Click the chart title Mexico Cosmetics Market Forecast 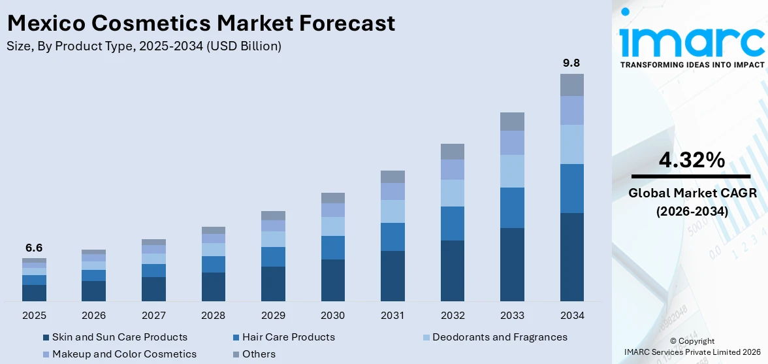[x=200, y=24]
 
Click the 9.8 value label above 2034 [x=571, y=63]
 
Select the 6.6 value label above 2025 [x=34, y=248]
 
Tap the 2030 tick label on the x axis [x=332, y=316]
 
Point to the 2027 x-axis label [x=153, y=316]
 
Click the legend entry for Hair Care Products [x=288, y=337]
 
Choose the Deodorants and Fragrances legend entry [x=500, y=337]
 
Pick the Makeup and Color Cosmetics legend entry [x=124, y=354]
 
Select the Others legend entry [x=258, y=354]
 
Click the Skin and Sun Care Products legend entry [x=120, y=337]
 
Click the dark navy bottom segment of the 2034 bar [x=571, y=257]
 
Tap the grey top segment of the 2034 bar [x=571, y=85]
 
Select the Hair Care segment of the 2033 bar [x=512, y=208]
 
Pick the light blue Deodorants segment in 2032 [x=452, y=193]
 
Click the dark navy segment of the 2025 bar [x=34, y=293]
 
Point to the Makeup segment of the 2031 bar [x=392, y=191]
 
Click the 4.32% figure [x=691, y=159]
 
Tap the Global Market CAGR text [x=691, y=193]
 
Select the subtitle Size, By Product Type [x=144, y=46]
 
